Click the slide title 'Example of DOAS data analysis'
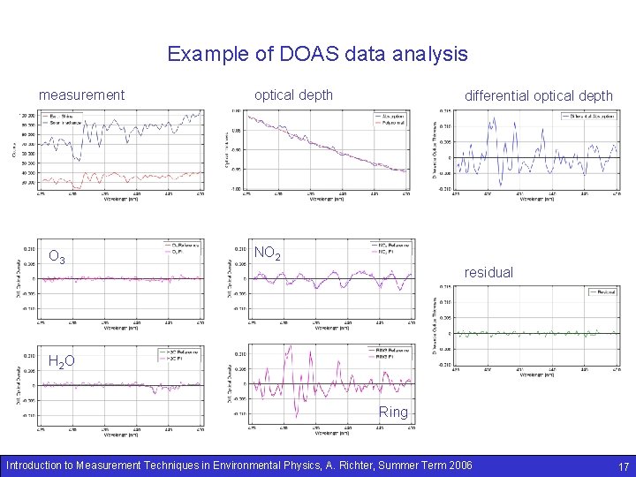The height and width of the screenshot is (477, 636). [x=318, y=55]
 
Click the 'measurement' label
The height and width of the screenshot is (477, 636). [x=81, y=95]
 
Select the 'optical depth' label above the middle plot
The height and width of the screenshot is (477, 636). [x=293, y=95]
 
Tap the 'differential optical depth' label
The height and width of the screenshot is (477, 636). [x=538, y=96]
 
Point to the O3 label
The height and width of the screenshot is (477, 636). [x=57, y=258]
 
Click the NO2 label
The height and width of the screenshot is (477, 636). [x=268, y=254]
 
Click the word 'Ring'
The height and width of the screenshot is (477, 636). [x=393, y=412]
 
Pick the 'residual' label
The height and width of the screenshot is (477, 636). [x=488, y=273]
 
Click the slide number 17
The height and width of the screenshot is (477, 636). [x=623, y=466]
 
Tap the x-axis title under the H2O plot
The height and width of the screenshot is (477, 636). [x=119, y=435]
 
